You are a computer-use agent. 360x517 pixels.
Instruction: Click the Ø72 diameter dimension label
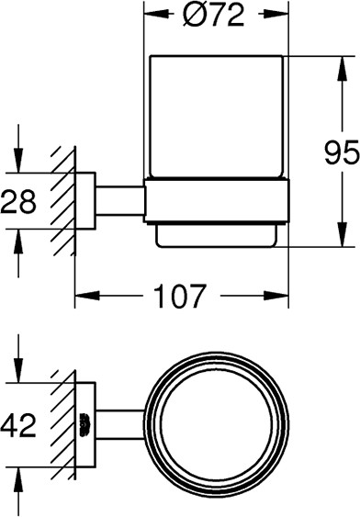coord(214,16)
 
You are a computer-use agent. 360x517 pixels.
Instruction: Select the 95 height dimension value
coord(342,152)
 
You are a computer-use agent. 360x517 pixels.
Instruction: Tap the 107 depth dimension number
coord(180,296)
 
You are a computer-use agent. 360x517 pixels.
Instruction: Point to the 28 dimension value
coord(18,201)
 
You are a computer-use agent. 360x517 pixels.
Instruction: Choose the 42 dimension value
coord(18,425)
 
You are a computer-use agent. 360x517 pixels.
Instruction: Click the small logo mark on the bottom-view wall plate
coord(85,424)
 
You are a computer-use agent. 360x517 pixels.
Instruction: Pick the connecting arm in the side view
coord(120,201)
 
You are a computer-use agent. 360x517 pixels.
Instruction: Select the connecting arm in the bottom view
coord(120,425)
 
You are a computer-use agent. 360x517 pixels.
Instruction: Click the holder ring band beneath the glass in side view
coord(216,201)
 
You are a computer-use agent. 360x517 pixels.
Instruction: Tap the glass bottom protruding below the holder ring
coord(216,235)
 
